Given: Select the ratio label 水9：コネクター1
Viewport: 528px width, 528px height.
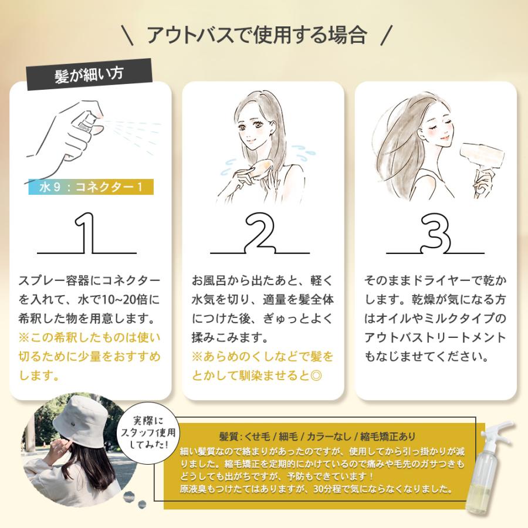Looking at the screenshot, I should (90, 187).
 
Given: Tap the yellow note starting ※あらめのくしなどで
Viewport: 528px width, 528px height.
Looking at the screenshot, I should (262, 365).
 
